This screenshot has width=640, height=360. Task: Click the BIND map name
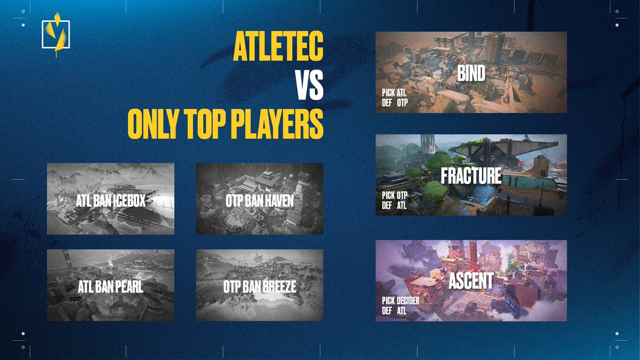pos(471,73)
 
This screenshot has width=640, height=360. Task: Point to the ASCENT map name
pos(471,281)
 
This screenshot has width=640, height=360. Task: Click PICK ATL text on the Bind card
pos(394,92)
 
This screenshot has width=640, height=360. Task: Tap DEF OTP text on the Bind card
pos(394,101)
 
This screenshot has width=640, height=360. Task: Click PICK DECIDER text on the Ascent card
pos(401,301)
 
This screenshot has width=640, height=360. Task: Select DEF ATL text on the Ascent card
pos(394,310)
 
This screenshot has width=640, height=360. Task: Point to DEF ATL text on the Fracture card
pos(394,205)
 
